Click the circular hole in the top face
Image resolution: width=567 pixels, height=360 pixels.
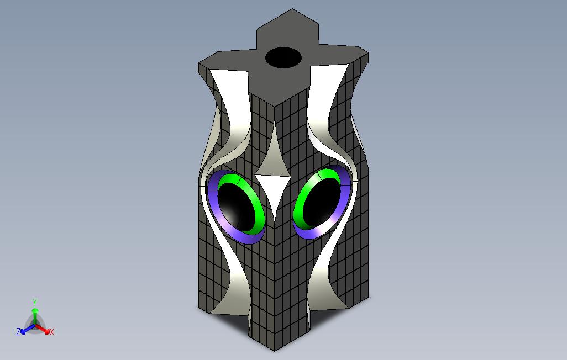(283, 57)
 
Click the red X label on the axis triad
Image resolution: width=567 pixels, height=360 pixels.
(51, 332)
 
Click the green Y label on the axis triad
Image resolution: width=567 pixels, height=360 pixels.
(34, 303)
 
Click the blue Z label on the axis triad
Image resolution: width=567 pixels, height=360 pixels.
(18, 332)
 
